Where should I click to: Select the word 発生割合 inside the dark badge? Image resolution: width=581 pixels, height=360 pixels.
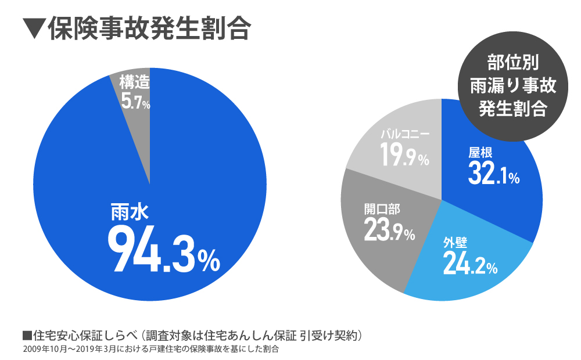click(x=512, y=109)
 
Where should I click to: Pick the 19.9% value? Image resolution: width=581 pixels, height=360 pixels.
click(x=405, y=156)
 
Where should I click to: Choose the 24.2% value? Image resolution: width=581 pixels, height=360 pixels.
click(x=469, y=264)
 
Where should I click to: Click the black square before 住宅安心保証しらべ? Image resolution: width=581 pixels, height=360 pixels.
click(x=26, y=336)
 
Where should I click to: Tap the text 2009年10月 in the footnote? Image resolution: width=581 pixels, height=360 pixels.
click(x=44, y=350)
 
